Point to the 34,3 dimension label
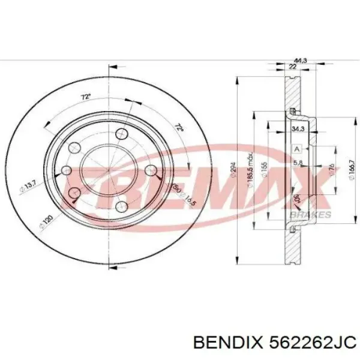[x=297, y=128]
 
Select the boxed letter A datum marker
[x=296, y=148]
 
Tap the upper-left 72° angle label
[x=86, y=95]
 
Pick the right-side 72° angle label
[x=178, y=128]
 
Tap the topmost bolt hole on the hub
[x=122, y=134]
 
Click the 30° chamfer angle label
[x=296, y=200]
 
